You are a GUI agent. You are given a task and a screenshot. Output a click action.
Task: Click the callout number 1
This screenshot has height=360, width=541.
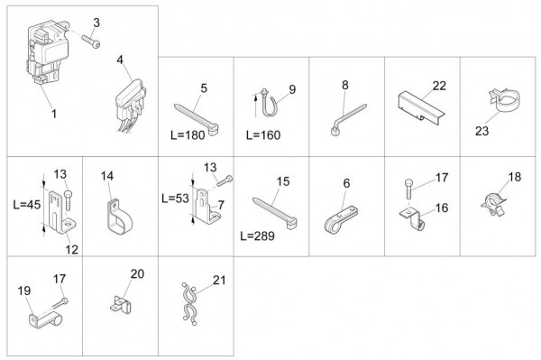[54, 114]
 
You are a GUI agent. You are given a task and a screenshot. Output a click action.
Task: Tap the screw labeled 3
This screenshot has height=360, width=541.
[91, 42]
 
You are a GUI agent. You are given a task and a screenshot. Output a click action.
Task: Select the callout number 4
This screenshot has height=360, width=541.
[120, 60]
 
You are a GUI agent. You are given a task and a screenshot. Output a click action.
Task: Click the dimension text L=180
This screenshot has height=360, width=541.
[188, 135]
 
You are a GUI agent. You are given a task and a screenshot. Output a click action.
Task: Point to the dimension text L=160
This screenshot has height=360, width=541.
[263, 135]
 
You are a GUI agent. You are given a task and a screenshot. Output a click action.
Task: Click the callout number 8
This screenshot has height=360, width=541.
[345, 85]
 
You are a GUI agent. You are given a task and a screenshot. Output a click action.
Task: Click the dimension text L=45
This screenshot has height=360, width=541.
[27, 205]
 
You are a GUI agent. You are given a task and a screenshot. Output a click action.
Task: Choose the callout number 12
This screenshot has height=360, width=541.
[72, 250]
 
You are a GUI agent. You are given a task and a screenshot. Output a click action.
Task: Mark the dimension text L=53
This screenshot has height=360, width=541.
[176, 198]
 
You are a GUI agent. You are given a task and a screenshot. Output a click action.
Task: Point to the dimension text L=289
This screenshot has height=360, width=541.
[257, 236]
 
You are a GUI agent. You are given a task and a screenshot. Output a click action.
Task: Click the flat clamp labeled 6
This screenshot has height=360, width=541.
[341, 219]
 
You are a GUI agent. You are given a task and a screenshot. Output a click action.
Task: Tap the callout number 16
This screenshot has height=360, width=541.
[442, 208]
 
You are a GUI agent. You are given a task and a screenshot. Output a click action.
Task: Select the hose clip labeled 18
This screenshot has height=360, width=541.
[493, 204]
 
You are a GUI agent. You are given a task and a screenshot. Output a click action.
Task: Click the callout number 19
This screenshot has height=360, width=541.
[24, 291]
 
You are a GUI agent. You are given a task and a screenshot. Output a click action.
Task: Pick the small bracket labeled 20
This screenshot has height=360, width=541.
[121, 305]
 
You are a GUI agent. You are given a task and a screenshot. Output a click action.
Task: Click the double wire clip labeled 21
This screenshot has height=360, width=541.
[189, 304]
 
